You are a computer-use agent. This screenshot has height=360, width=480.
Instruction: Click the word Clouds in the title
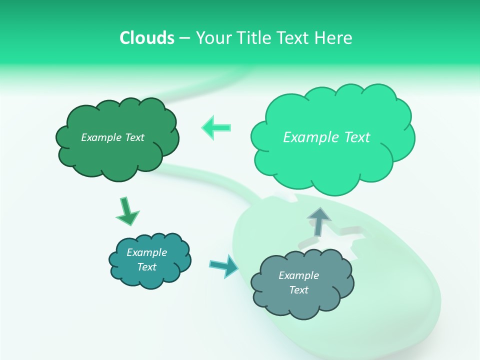pyautogui.click(x=146, y=38)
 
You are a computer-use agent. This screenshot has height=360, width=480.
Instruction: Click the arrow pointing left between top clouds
pyautogui.click(x=216, y=127)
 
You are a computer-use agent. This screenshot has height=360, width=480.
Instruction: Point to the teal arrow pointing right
pyautogui.click(x=224, y=265)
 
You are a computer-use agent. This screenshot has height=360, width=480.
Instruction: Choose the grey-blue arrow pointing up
pyautogui.click(x=319, y=222)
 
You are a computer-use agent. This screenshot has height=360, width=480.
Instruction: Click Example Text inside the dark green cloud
pyautogui.click(x=112, y=137)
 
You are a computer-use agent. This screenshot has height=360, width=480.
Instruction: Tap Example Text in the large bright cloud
pyautogui.click(x=326, y=137)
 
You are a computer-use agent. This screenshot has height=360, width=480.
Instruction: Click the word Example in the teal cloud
pyautogui.click(x=146, y=252)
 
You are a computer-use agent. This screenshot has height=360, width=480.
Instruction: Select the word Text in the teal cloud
pyautogui.click(x=146, y=267)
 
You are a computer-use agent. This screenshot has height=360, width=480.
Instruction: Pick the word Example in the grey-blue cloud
pyautogui.click(x=298, y=275)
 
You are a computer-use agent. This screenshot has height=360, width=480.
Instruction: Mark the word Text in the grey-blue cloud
pyautogui.click(x=298, y=290)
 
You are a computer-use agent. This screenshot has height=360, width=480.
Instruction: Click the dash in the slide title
pyautogui.click(x=184, y=38)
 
